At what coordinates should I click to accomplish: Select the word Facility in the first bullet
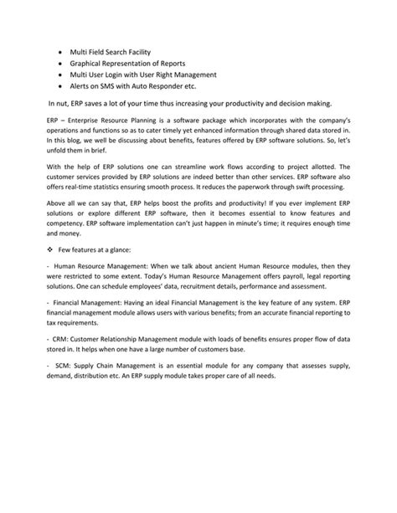click(x=157, y=50)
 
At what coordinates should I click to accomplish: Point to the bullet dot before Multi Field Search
click(x=59, y=50)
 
